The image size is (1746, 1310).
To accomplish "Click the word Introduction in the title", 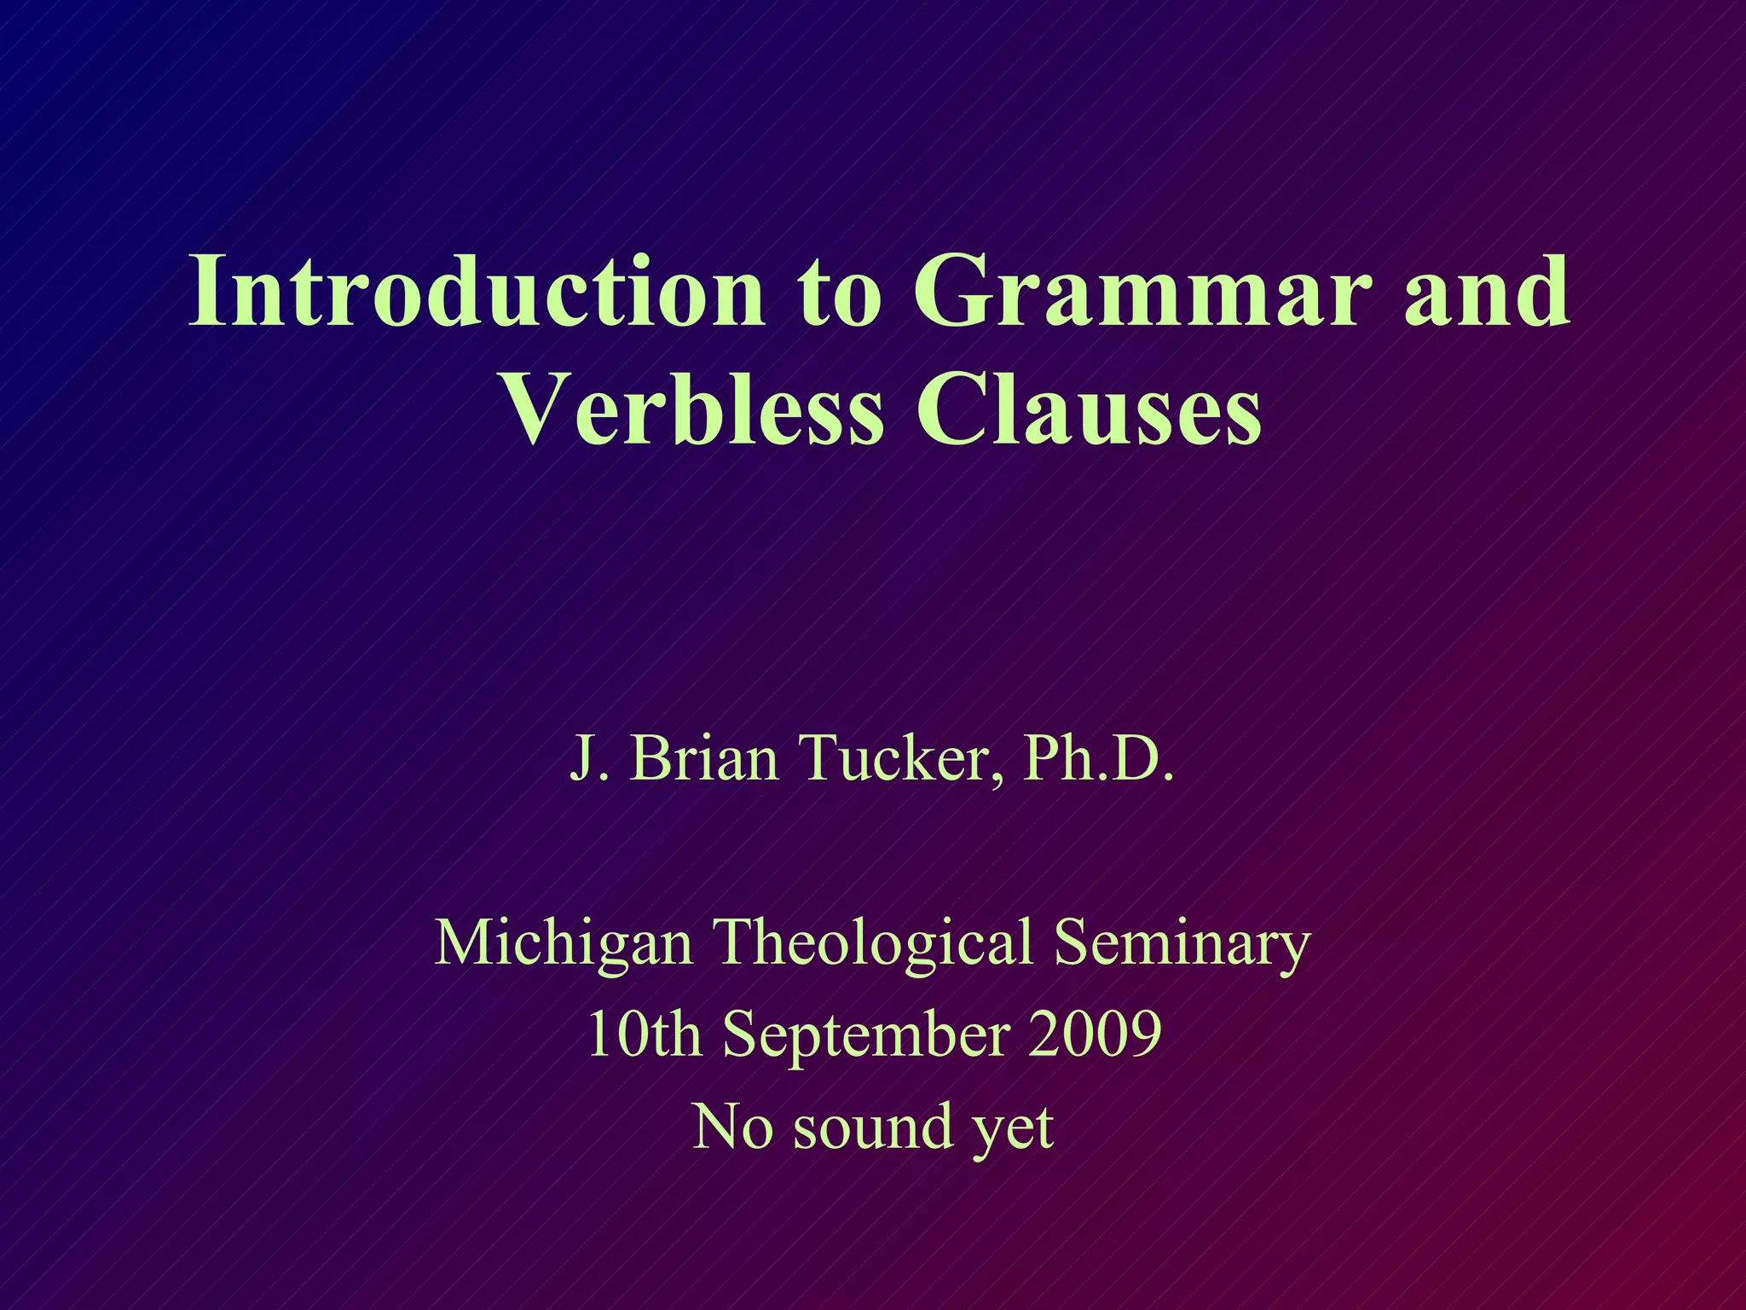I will click(477, 292).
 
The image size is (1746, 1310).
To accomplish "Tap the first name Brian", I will click(704, 757).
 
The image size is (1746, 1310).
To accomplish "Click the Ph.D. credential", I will click(1099, 757).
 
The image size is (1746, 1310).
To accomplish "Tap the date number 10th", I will click(643, 1034).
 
